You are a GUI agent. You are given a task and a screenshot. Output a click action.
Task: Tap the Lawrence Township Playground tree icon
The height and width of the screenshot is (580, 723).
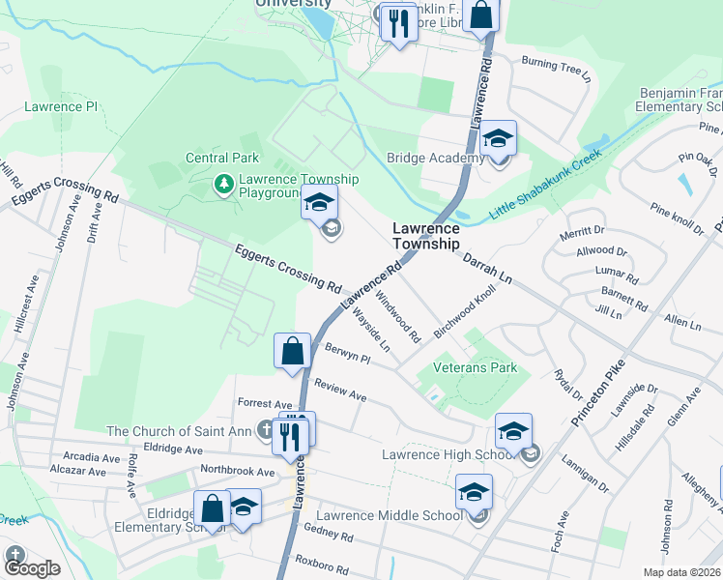(x=224, y=182)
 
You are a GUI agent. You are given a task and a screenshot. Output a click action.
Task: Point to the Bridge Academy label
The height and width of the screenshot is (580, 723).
(x=435, y=159)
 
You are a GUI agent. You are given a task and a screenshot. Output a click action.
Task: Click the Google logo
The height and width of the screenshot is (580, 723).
(x=32, y=568)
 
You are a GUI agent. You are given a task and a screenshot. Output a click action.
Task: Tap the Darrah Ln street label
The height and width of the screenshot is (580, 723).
(x=485, y=268)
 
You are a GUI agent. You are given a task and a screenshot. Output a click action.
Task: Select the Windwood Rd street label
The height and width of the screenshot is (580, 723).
(x=398, y=318)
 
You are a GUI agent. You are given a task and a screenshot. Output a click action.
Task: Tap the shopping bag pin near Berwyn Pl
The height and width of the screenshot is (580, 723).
(x=292, y=352)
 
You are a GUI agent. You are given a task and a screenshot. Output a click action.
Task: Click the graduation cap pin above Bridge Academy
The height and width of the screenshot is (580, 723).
(x=499, y=138)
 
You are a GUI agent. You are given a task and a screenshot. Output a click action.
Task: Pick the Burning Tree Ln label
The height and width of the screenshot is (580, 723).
(x=555, y=69)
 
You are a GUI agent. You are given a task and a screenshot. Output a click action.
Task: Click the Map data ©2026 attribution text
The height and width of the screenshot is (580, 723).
(x=682, y=572)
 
